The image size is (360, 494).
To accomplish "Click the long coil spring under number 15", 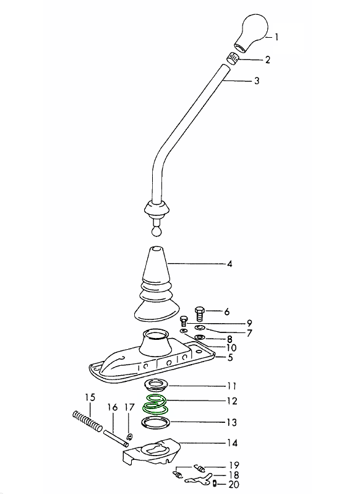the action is [87, 421].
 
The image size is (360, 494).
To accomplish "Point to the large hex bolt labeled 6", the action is [200, 313].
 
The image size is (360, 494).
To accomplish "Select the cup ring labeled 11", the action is [156, 384].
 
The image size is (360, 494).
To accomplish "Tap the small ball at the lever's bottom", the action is [156, 232].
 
